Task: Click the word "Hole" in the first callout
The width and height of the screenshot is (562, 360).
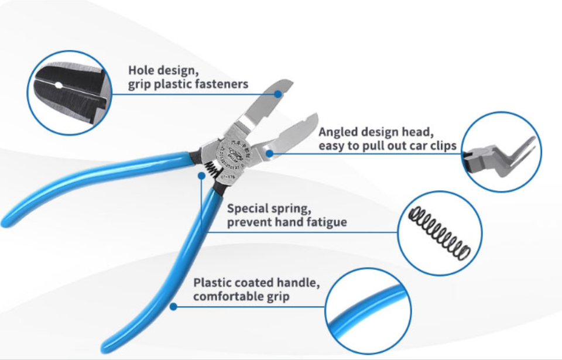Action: pyautogui.click(x=142, y=71)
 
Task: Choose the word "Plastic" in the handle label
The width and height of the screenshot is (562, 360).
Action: pyautogui.click(x=213, y=283)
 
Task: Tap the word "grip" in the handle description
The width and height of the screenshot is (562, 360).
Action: pyautogui.click(x=277, y=297)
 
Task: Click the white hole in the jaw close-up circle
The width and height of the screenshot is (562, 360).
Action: pyautogui.click(x=58, y=85)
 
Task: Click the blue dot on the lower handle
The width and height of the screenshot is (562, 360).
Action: pyautogui.click(x=173, y=306)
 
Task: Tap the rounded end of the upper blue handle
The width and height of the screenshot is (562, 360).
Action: pyautogui.click(x=7, y=221)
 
